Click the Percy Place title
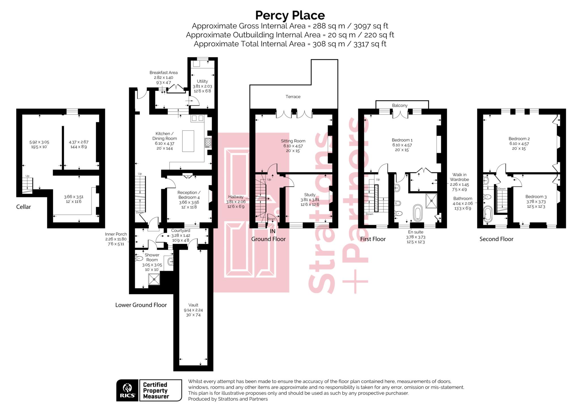point(290,15)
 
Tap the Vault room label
point(193,305)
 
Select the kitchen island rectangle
point(188,141)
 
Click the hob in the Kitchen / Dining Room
point(208,143)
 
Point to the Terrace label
point(293,97)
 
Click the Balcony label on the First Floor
point(400,105)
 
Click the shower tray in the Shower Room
point(154,279)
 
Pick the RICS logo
point(127,390)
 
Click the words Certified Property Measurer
point(156,390)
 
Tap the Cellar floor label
point(24,207)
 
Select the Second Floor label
point(496,239)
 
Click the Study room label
point(310,195)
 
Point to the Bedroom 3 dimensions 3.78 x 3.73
point(536,202)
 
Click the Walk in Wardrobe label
point(459,177)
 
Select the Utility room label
point(202,81)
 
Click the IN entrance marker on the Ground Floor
point(272,231)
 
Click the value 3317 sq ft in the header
point(370,44)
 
